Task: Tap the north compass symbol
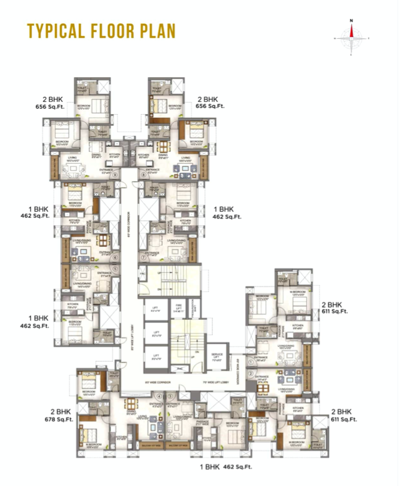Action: tap(351, 37)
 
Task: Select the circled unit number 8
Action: tap(144, 174)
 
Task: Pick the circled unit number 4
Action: tap(159, 396)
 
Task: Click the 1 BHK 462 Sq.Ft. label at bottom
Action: tap(217, 467)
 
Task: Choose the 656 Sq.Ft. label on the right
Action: tap(210, 106)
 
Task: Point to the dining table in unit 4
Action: tap(130, 404)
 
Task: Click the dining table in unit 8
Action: tap(163, 146)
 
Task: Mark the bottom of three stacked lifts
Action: tap(156, 356)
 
